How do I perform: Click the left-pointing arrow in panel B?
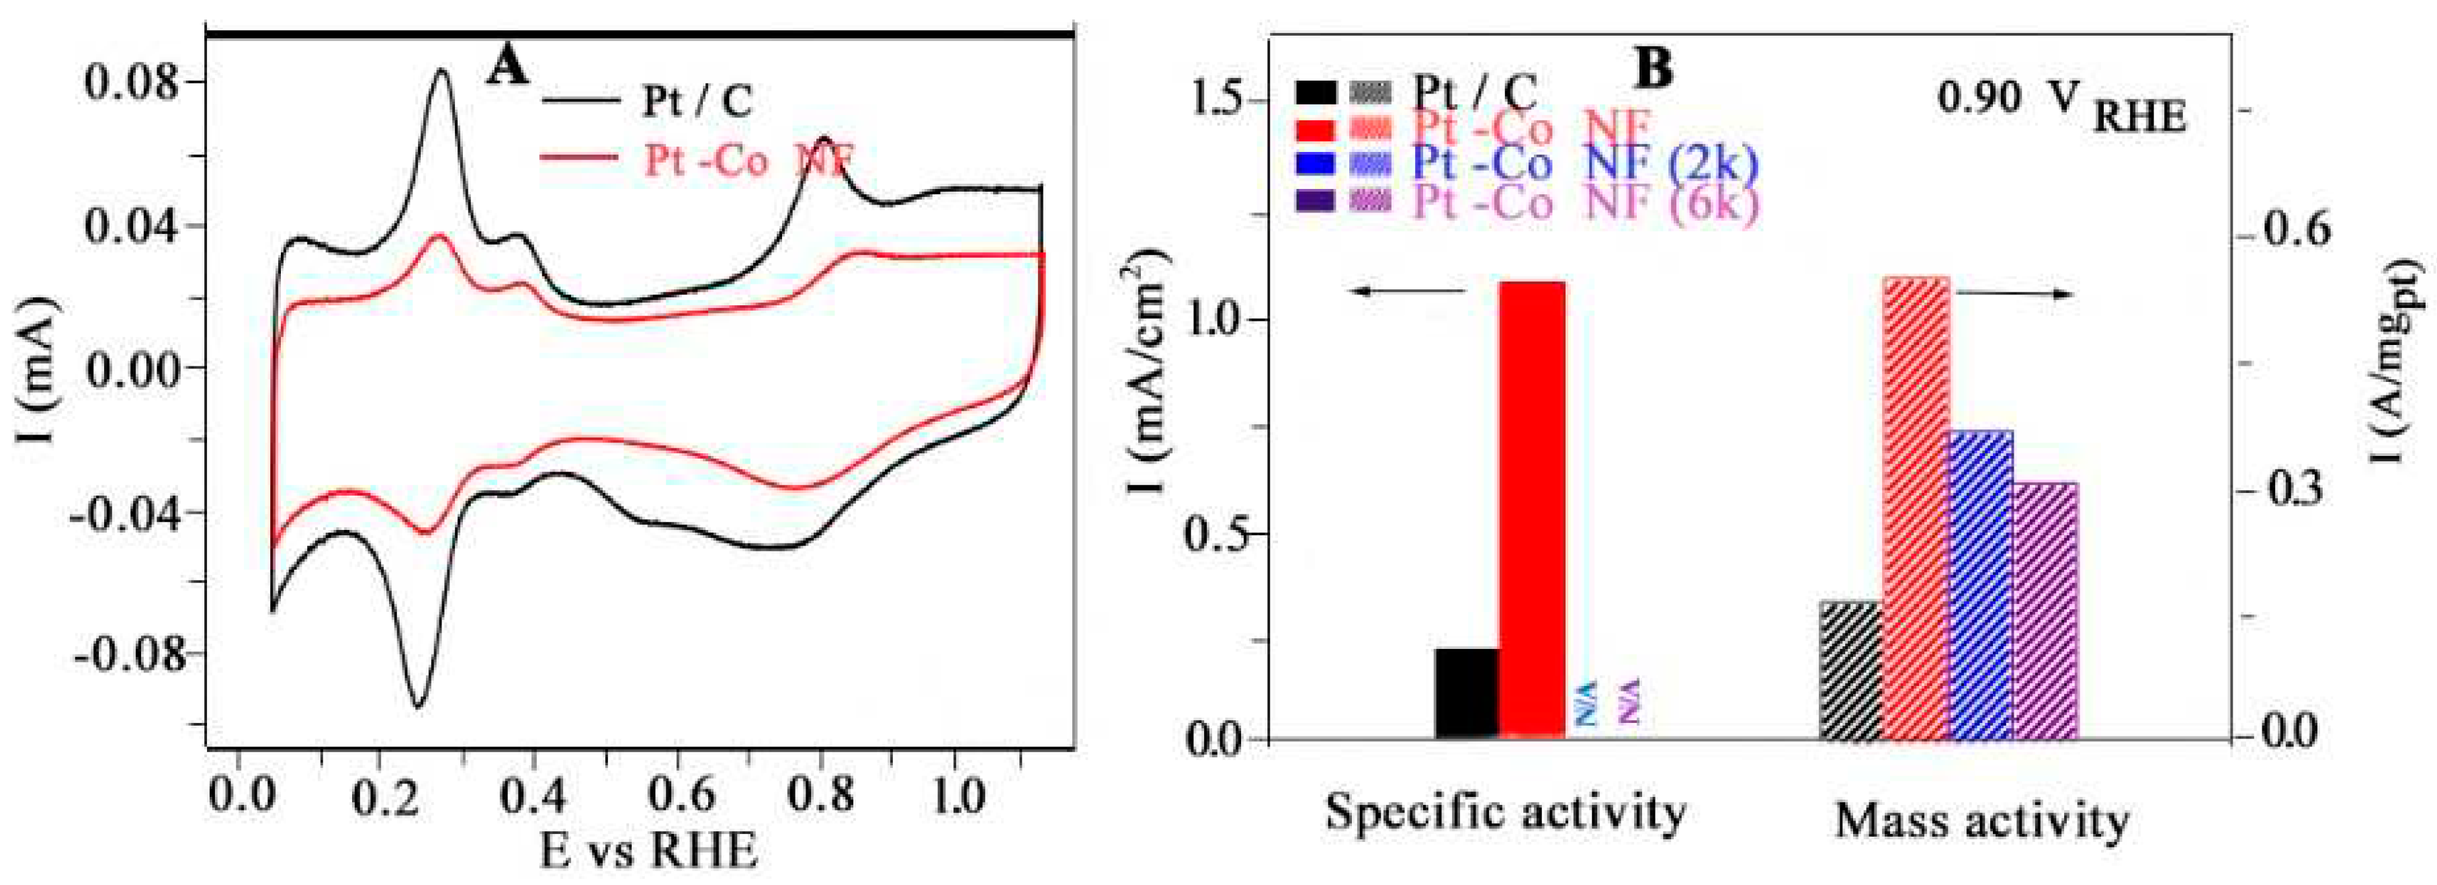coord(1407,292)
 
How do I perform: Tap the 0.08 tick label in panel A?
coord(130,82)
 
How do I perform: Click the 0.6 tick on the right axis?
coord(2301,232)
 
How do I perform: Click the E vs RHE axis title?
coord(649,850)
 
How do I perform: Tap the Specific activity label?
coord(1504,811)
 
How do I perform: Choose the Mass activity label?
coord(1983,820)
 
